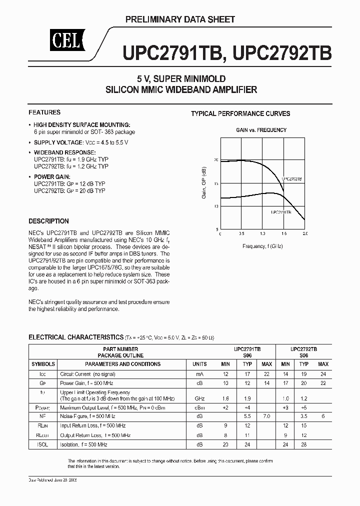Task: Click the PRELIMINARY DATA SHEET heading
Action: [x=179, y=19]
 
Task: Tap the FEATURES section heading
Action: [x=44, y=112]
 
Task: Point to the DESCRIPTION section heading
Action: [x=48, y=221]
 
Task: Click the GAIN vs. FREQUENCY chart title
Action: [x=261, y=130]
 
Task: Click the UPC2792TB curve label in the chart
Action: [x=291, y=178]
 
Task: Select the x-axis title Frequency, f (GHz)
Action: [x=262, y=246]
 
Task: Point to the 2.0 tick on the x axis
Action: [x=305, y=233]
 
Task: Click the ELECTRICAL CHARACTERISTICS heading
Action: [x=75, y=337]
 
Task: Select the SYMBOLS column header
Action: [x=43, y=364]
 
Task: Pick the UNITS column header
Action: [x=199, y=364]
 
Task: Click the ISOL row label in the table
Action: [x=43, y=444]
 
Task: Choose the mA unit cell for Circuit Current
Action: [x=199, y=373]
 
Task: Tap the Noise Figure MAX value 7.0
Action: [x=266, y=416]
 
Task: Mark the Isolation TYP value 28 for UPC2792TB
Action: [x=304, y=444]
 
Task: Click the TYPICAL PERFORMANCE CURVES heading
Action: [x=240, y=113]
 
